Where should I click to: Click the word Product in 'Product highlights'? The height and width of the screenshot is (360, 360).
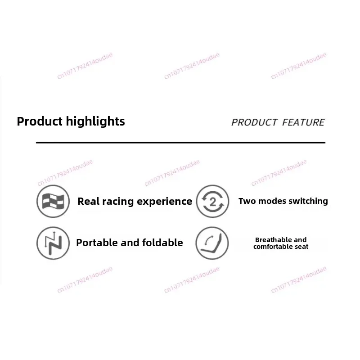pos(40,121)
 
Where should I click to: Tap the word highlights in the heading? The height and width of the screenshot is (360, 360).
pos(95,121)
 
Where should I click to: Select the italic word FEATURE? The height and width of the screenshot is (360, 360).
pos(303,122)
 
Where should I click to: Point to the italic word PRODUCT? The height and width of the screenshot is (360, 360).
pos(254,122)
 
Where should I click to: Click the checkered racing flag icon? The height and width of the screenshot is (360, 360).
pos(53,201)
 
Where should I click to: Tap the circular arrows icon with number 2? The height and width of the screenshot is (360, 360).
pos(212,201)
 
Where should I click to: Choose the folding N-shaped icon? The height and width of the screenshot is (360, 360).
pos(53,243)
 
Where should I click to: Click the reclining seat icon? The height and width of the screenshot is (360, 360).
pos(212,243)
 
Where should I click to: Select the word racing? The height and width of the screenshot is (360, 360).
pos(118,202)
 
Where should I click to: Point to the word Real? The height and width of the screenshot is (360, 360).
pos(88,201)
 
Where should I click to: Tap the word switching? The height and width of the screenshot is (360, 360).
pos(308,201)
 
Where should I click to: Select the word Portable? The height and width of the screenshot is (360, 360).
pos(97,243)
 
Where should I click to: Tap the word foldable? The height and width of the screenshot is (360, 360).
pos(162,243)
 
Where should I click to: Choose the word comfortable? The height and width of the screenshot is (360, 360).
pos(273,247)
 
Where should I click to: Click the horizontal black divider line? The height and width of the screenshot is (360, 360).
pos(181,143)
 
